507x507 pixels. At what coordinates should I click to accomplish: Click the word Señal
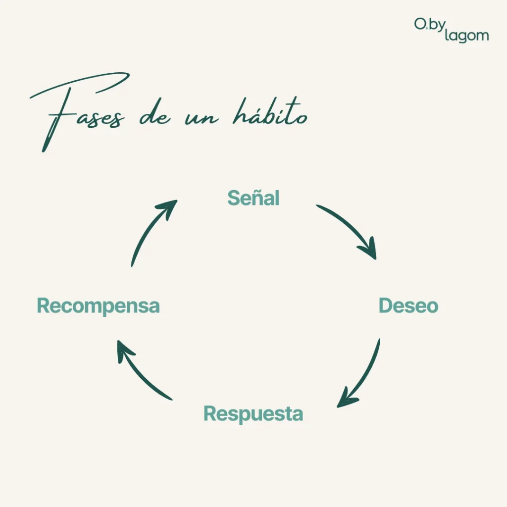point(253,198)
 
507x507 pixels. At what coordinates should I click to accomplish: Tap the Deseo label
point(408,305)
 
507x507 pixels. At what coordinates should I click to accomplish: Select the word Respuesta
point(253,413)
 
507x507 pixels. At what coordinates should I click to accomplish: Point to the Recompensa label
point(98,305)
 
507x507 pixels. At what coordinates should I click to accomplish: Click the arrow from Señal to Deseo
point(349,228)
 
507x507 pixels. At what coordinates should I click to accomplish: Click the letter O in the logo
point(420,24)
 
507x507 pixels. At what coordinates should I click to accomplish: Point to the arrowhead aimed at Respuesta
point(345,400)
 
